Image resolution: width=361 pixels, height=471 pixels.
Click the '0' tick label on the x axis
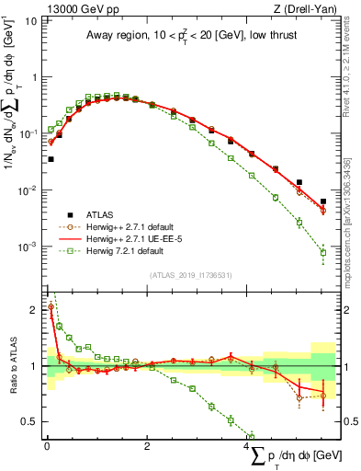(x=47, y=447)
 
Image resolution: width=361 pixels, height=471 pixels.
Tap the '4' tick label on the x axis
(x=248, y=447)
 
